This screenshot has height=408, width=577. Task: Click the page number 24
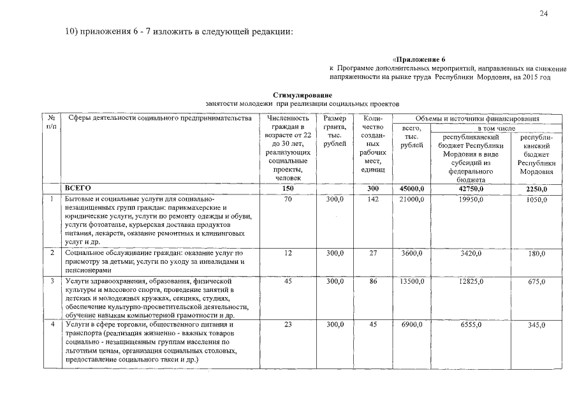pos(543,13)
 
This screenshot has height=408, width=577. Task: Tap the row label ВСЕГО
pos(78,188)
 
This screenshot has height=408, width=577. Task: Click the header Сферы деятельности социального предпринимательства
pos(160,119)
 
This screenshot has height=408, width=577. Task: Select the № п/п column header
pos(50,123)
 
